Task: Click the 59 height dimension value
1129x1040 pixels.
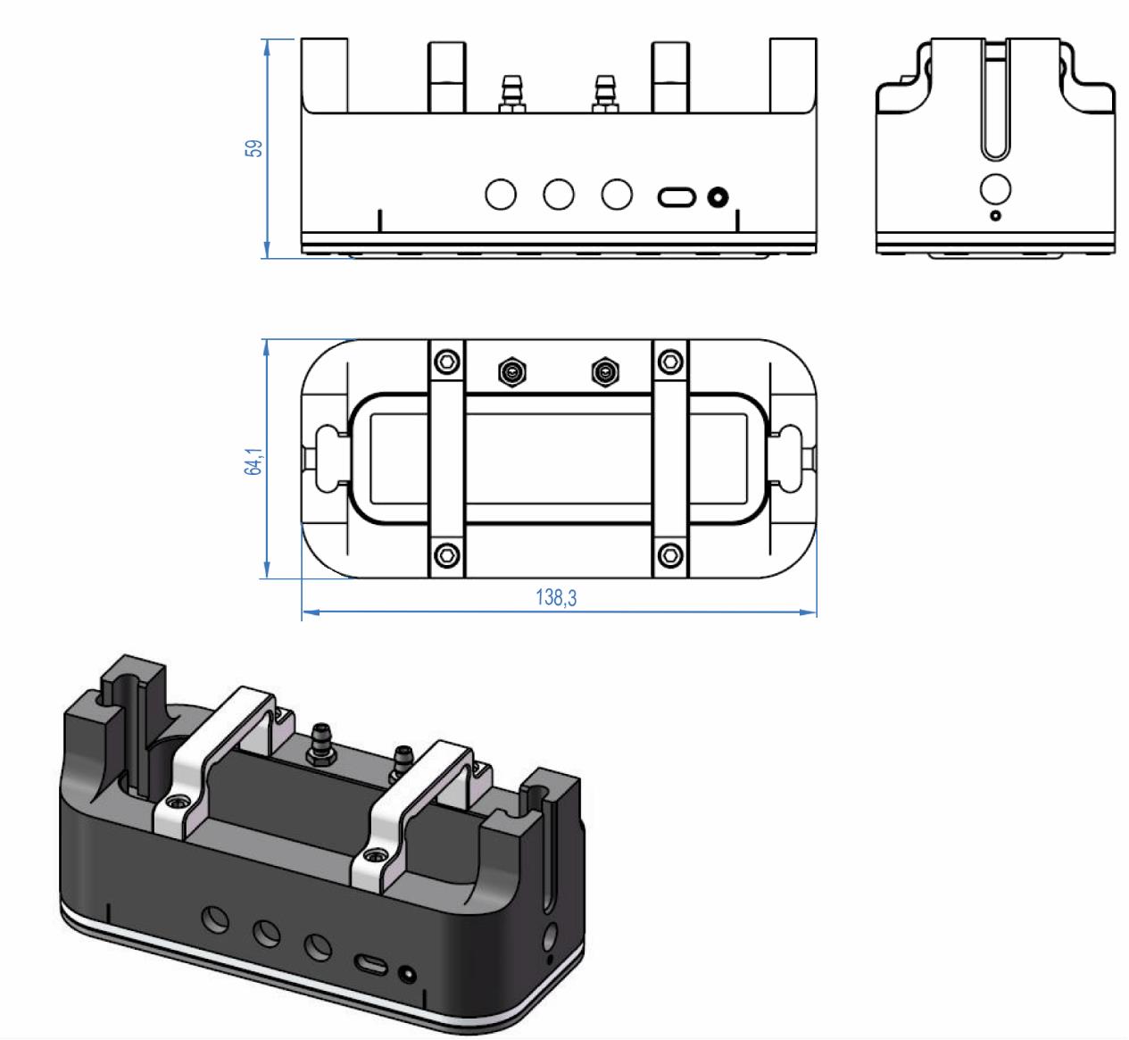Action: (255, 148)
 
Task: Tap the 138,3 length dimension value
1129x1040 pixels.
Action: (556, 598)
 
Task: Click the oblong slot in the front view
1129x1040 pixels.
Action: (677, 196)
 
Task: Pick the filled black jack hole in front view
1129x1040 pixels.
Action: (718, 196)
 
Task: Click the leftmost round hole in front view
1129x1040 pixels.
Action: (502, 194)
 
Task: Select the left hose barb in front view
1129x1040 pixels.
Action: (513, 94)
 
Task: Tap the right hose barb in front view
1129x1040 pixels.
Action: (605, 94)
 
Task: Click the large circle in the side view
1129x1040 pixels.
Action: (995, 189)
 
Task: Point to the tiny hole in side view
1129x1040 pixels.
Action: (996, 215)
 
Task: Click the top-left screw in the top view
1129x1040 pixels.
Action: (446, 362)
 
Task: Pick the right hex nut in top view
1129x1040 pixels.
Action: (605, 370)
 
